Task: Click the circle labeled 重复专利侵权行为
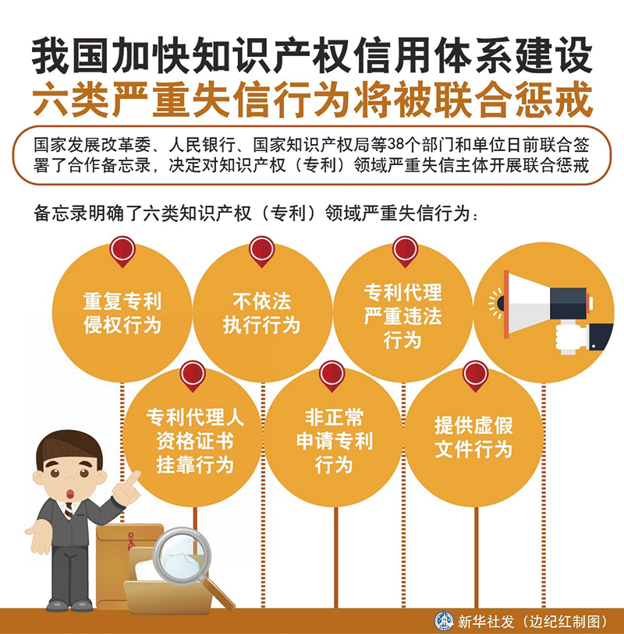click(x=122, y=312)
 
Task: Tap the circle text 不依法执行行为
click(x=261, y=313)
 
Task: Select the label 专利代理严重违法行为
click(x=402, y=315)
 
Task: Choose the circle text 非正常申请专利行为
click(x=334, y=441)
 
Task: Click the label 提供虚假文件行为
click(x=473, y=437)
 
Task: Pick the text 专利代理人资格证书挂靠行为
click(x=195, y=441)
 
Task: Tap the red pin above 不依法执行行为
click(x=261, y=251)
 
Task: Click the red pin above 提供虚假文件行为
click(x=475, y=375)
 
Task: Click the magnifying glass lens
click(x=182, y=555)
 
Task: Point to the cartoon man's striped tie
click(x=69, y=511)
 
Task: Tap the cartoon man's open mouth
click(x=70, y=494)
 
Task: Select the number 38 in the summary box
click(x=396, y=145)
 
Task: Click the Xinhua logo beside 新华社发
click(x=444, y=621)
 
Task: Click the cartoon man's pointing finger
click(x=132, y=478)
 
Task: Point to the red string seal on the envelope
click(x=132, y=541)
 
